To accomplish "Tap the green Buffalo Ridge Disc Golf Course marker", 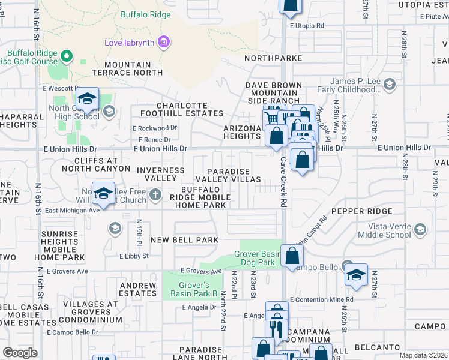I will (66, 56).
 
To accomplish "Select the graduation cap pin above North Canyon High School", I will (88, 99).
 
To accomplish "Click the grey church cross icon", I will (155, 194).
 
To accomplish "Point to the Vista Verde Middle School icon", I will (421, 229).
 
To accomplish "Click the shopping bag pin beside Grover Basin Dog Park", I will (291, 256).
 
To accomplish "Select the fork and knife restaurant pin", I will (277, 329).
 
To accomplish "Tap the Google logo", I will (20, 353).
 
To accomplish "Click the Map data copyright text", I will (424, 355).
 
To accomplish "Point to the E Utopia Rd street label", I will (306, 26).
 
